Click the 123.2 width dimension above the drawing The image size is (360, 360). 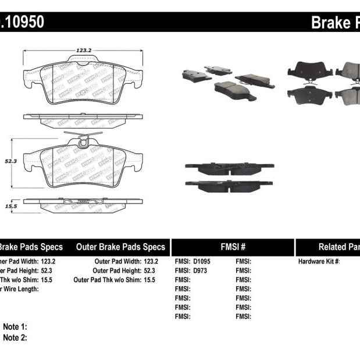pyautogui.click(x=84, y=51)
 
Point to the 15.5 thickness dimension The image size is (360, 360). pyautogui.click(x=10, y=206)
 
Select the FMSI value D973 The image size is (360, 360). pyautogui.click(x=200, y=270)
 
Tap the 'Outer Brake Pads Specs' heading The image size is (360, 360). pyautogui.click(x=120, y=247)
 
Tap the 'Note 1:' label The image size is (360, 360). pyautogui.click(x=15, y=327)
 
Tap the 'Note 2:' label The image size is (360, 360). pyautogui.click(x=15, y=337)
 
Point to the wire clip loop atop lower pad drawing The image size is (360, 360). pyautogui.click(x=84, y=140)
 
